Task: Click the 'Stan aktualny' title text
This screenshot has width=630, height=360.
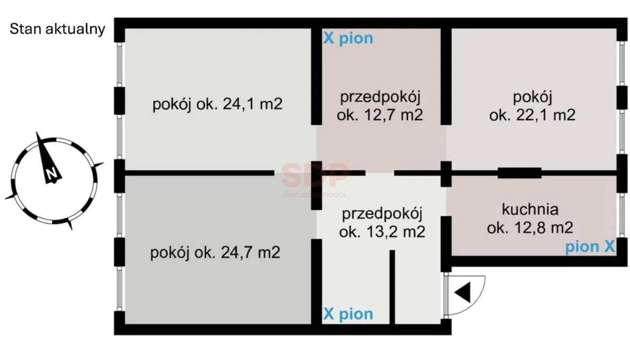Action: (58, 29)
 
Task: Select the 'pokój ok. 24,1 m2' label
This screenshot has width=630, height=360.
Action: (217, 104)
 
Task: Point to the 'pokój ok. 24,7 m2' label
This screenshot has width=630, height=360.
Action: (215, 253)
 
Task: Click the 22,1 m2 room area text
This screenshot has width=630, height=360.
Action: (532, 115)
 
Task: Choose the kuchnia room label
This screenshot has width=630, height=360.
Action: (530, 209)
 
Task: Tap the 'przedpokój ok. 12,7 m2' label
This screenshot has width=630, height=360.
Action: (379, 106)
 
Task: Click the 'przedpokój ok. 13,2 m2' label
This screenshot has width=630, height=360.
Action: (382, 223)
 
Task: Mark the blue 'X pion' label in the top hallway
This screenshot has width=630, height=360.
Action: (349, 38)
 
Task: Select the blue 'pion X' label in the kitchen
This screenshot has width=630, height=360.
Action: (590, 246)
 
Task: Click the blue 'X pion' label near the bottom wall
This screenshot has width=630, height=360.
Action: (349, 314)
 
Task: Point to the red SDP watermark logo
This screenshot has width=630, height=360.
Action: (314, 175)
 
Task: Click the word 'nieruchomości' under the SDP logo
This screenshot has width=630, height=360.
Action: (314, 195)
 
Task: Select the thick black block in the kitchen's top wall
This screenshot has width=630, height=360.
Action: (520, 173)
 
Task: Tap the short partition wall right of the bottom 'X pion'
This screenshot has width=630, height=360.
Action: (392, 287)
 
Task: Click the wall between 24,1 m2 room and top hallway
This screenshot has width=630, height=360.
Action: (317, 76)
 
